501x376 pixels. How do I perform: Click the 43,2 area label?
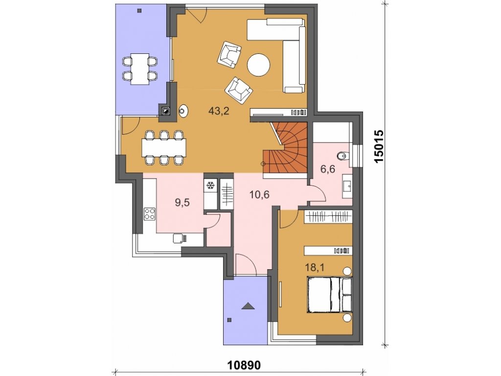pos(219,111)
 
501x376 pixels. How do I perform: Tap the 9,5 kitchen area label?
pos(182,202)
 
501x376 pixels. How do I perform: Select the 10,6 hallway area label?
pos(259,194)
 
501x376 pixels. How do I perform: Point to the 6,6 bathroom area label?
pos(328,168)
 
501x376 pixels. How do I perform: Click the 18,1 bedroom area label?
pos(315,267)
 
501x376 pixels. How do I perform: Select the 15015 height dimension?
pos(379,146)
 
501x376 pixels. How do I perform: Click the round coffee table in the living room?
pos(258,65)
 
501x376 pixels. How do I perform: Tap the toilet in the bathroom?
pos(343,156)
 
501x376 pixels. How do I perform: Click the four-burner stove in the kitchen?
pos(150,214)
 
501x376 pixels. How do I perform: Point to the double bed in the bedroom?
pos(329,294)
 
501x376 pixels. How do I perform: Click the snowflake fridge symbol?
pos(210,185)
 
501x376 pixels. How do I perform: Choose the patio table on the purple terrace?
pos(140,69)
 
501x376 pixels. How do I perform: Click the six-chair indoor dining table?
pos(164,147)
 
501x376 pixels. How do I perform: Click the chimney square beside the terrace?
pos(166,111)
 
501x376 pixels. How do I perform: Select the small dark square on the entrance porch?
pos(229,319)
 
